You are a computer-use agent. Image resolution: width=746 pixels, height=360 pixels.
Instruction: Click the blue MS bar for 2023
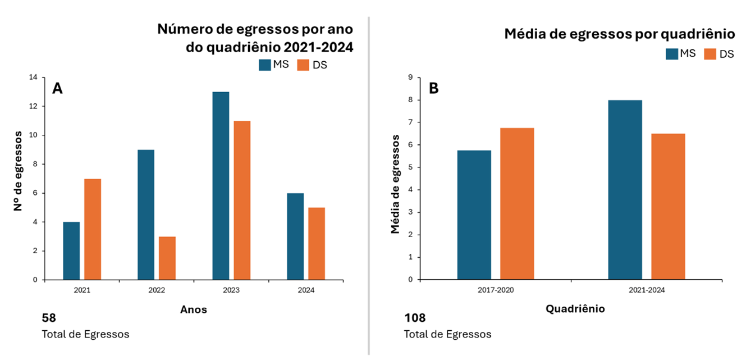coord(221,185)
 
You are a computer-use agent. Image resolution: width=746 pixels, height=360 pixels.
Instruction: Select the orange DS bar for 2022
coord(167,258)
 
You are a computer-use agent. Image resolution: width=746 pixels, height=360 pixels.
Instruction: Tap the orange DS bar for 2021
coord(93,229)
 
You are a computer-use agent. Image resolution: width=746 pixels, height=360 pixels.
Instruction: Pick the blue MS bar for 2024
coord(295,236)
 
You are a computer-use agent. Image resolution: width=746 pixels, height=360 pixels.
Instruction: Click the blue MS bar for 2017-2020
coord(474,215)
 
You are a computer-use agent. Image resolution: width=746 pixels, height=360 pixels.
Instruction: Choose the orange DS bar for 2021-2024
coord(668,206)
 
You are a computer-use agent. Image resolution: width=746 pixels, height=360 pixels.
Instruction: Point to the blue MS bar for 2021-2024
coord(625,190)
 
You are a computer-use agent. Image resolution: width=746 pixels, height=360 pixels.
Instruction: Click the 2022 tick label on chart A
coord(157,290)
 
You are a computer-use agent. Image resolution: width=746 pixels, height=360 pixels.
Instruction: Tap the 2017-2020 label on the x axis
coord(495,290)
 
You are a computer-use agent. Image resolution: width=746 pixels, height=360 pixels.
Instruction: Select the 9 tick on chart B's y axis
coord(410,78)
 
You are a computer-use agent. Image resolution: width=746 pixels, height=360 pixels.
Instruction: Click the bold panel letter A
coord(57,88)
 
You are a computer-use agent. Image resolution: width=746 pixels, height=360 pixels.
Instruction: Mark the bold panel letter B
coord(433,88)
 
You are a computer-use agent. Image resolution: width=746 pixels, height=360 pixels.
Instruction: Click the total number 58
coord(49,318)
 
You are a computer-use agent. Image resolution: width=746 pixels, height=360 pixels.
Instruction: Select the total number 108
coord(414,318)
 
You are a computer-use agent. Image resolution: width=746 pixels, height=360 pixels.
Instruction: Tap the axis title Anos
coord(193,309)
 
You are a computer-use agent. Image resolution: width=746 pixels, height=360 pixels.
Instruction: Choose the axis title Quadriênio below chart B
coord(575,309)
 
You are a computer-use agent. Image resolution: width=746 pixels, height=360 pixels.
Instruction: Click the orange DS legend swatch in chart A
coord(303,65)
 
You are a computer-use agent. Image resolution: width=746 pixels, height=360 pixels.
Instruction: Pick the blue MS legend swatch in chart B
coord(672,53)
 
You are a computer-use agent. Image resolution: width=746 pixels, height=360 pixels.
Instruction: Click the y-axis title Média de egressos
coord(396,184)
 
